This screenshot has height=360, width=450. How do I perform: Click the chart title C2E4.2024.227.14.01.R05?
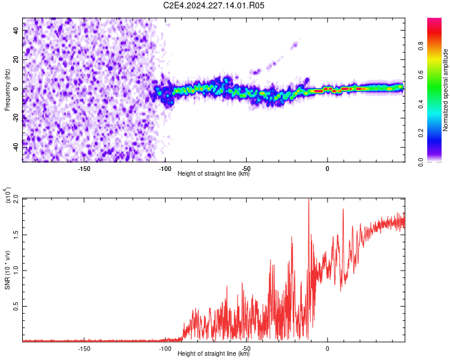(x=214, y=5)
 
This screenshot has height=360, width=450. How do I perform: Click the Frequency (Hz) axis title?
(x=7, y=90)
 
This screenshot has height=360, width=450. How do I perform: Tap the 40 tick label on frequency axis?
(x=16, y=31)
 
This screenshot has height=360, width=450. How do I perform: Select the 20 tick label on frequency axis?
(x=16, y=60)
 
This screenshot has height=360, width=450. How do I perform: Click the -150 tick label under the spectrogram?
(x=84, y=169)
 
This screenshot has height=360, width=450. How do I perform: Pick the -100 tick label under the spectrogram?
(x=165, y=169)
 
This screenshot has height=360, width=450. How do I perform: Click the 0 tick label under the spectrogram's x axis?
(x=327, y=169)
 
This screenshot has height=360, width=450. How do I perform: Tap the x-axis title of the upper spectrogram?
(x=214, y=173)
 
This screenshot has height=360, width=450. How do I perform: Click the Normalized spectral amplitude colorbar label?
(x=445, y=90)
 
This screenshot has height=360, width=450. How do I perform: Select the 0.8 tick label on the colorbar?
(x=421, y=46)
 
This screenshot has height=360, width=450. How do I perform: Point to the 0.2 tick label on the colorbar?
(x=421, y=133)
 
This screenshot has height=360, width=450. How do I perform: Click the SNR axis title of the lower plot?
(x=7, y=270)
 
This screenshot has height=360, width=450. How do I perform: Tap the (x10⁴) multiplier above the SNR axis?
(x=8, y=195)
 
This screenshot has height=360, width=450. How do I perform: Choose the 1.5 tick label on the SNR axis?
(x=16, y=235)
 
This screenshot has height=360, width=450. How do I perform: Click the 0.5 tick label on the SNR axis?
(x=16, y=307)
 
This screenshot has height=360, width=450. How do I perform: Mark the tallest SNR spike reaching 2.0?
(x=309, y=199)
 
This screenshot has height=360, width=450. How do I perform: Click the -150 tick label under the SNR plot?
(x=84, y=349)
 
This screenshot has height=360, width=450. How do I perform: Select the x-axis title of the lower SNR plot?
(x=214, y=353)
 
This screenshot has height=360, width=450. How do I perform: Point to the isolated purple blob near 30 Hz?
(x=294, y=46)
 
